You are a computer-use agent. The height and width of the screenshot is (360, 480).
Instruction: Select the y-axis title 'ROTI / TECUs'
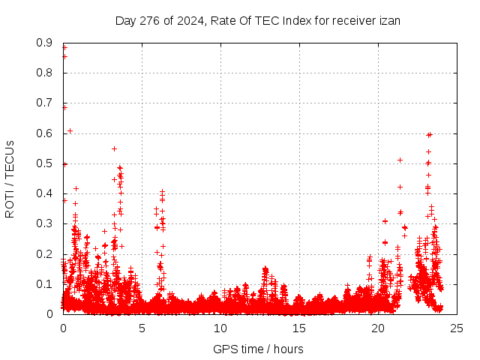(10, 178)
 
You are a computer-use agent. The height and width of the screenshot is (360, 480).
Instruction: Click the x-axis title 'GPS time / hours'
(259, 349)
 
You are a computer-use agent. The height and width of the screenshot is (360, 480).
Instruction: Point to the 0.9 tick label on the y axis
(44, 43)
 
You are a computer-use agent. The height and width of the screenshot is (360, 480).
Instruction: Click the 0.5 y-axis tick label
(44, 163)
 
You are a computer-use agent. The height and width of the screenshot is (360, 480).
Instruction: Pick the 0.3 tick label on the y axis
(44, 223)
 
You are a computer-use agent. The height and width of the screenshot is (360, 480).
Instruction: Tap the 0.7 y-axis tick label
(44, 103)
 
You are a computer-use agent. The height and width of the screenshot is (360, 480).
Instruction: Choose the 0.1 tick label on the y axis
(44, 283)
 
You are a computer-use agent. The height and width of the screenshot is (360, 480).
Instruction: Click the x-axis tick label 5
(142, 328)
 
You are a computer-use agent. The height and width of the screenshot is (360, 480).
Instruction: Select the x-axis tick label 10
(220, 328)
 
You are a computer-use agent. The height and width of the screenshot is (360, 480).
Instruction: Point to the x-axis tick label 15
(299, 328)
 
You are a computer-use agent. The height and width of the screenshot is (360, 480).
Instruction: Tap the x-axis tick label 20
(378, 328)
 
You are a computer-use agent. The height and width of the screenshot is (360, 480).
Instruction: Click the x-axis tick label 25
(457, 328)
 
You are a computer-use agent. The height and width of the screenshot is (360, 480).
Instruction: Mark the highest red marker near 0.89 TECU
(64, 47)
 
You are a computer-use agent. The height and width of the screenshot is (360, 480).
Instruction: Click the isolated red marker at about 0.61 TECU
(70, 130)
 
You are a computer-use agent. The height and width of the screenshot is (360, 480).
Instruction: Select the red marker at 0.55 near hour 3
(114, 148)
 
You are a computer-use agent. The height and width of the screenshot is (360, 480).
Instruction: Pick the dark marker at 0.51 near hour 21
(400, 160)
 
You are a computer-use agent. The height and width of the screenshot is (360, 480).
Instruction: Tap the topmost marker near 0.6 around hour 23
(429, 135)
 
